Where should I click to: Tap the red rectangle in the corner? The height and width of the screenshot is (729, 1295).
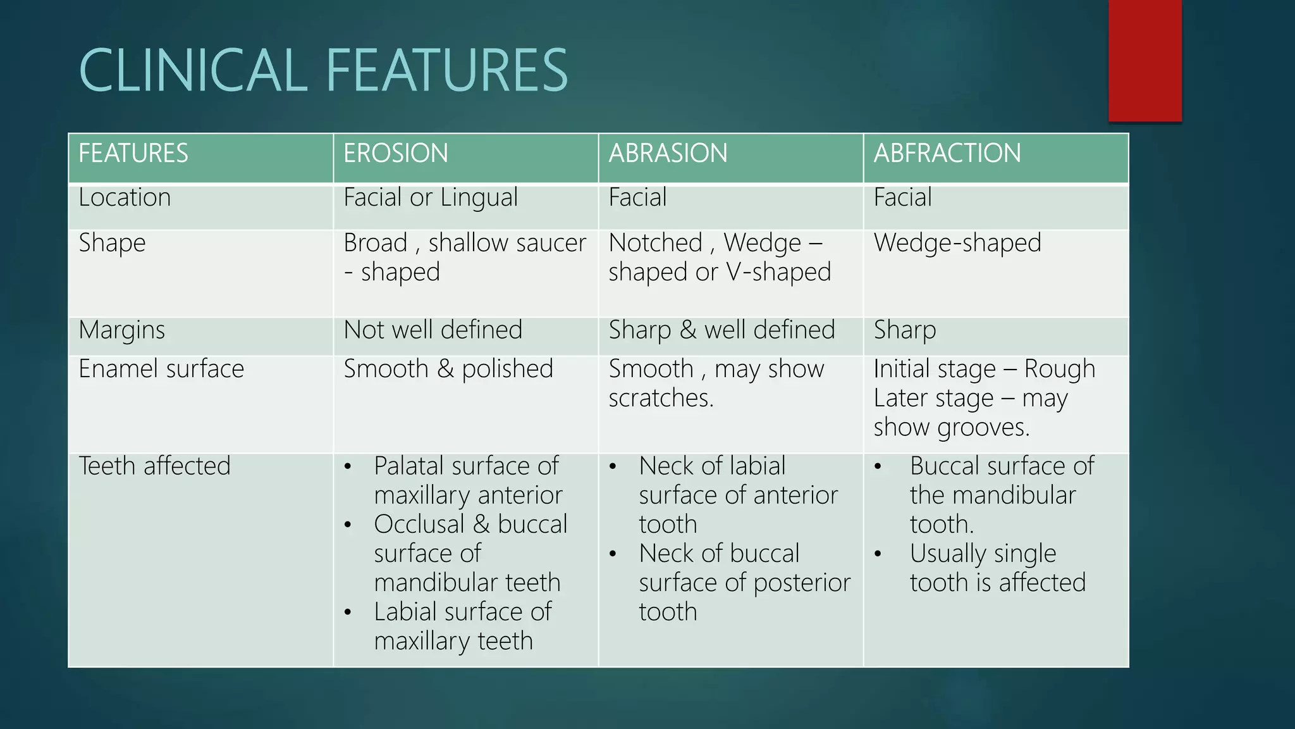[x=1145, y=60]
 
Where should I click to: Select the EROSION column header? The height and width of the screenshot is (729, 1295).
[x=396, y=153]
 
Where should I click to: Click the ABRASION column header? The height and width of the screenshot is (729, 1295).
[x=668, y=153]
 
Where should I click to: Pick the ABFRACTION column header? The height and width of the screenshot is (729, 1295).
[x=947, y=153]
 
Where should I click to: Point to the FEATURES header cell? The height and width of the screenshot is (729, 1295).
[x=133, y=153]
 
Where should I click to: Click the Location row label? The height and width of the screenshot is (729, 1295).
[x=125, y=197]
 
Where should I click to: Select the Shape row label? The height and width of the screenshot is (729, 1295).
[x=112, y=243]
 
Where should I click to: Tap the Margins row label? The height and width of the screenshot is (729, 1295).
[x=121, y=330]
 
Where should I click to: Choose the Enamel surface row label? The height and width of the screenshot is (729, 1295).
[x=161, y=368]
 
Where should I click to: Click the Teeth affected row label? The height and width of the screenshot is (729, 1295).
[x=154, y=466]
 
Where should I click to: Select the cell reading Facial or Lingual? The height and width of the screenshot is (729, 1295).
[x=431, y=197]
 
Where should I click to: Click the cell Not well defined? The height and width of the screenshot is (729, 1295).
[x=433, y=330]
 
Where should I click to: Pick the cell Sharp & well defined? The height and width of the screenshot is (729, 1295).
[x=721, y=330]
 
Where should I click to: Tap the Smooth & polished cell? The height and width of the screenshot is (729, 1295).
[x=448, y=368]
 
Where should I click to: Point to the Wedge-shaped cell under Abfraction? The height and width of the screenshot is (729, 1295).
[x=957, y=243]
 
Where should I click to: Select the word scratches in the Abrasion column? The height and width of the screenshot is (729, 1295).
[x=660, y=398]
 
